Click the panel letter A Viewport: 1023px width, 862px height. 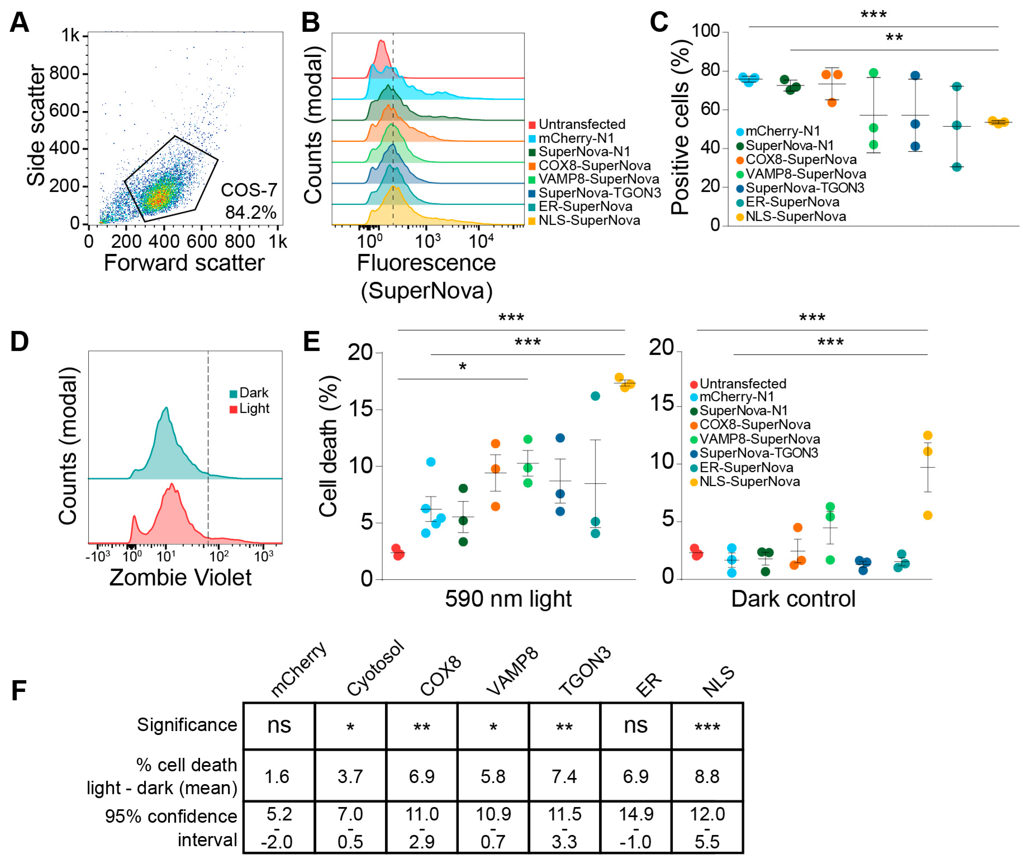tap(20, 23)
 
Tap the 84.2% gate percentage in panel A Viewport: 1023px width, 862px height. tap(250, 212)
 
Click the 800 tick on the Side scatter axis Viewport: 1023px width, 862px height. tap(65, 73)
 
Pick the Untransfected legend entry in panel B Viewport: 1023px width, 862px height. tap(577, 124)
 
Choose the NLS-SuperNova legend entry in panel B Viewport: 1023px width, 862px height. tap(584, 221)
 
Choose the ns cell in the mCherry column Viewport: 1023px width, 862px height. tap(279, 726)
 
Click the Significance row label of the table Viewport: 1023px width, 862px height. tap(187, 725)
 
